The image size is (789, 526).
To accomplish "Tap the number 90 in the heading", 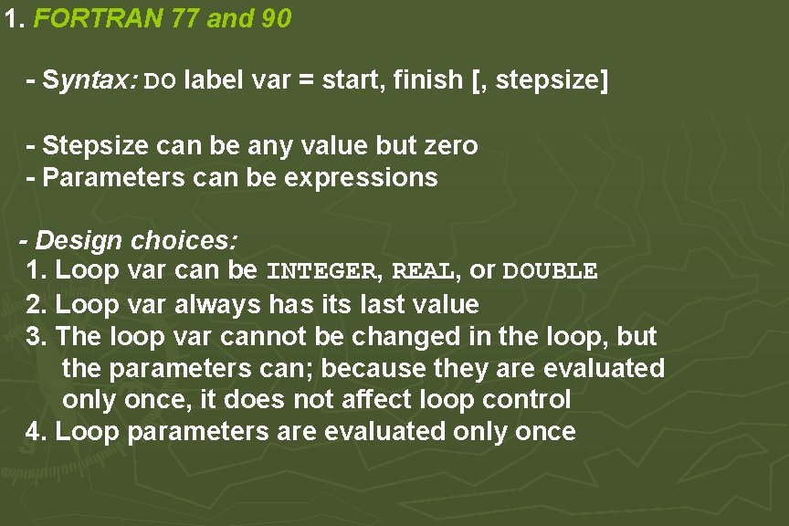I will point(276,19).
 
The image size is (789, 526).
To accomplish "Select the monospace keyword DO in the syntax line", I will point(161,81).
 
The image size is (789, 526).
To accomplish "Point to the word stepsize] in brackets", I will point(548,80).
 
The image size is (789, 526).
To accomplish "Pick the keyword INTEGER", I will point(321,272).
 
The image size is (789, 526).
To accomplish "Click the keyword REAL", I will point(423,272).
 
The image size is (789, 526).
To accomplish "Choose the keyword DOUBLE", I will point(551,272).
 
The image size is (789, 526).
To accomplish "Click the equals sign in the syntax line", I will point(306,80).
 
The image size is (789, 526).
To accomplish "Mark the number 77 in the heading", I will point(186,19).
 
